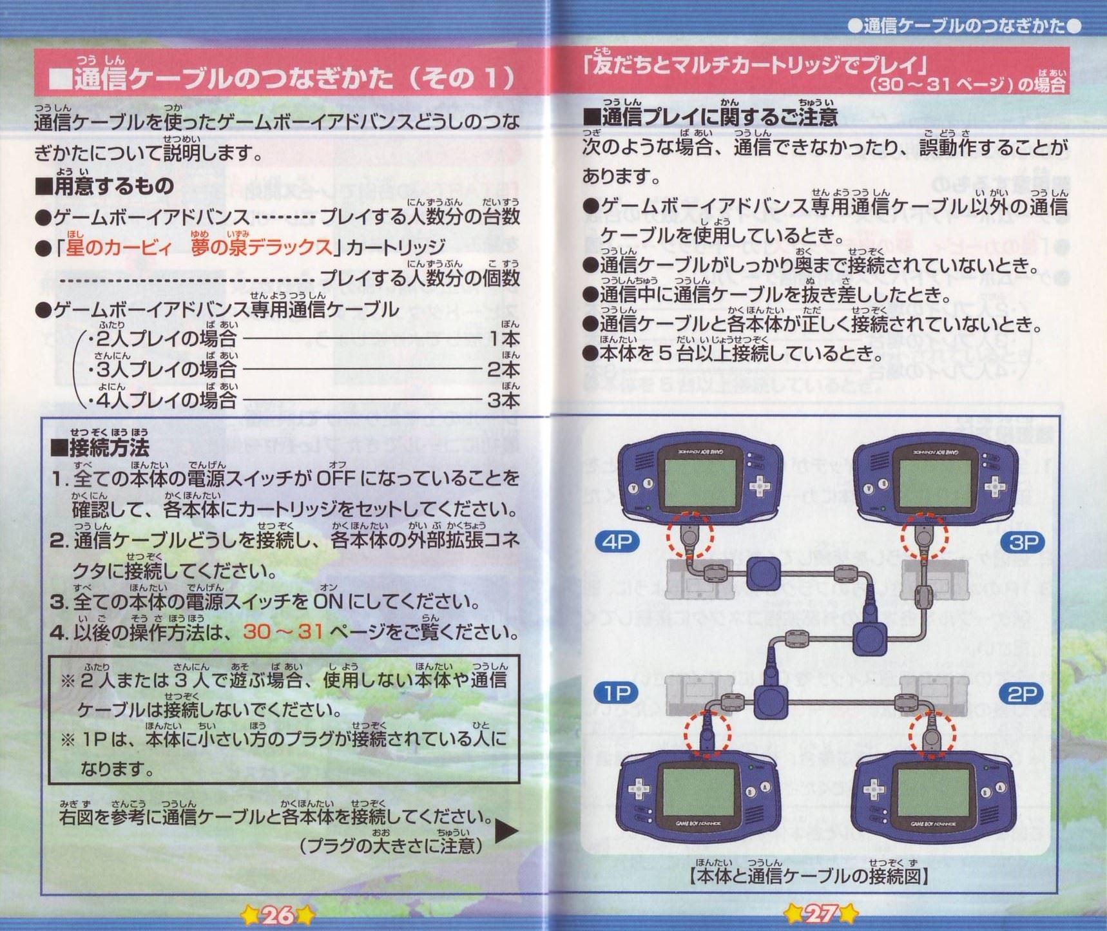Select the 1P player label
[x=617, y=693]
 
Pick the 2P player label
[x=1021, y=694]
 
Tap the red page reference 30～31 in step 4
[x=283, y=631]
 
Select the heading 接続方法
[x=100, y=446]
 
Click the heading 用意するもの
[x=104, y=186]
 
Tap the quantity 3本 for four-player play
[x=503, y=400]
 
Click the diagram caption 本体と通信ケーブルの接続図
[x=809, y=876]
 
